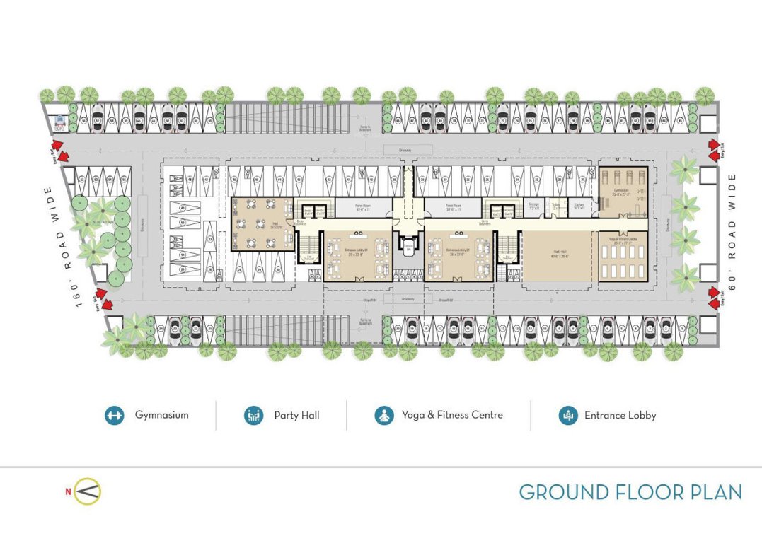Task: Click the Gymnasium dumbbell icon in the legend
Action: (113, 415)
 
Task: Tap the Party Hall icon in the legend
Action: (253, 415)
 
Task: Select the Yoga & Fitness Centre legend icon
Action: (383, 415)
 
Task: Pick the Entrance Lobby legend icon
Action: (567, 415)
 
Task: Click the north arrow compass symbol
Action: (88, 491)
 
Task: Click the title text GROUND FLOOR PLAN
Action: (630, 492)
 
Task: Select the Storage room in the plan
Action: (533, 206)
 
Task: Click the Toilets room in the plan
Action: (556, 206)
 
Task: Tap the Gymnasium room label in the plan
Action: (622, 192)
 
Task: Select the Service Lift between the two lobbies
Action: (408, 245)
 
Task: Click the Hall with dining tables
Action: (261, 223)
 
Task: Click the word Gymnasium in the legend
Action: (162, 415)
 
